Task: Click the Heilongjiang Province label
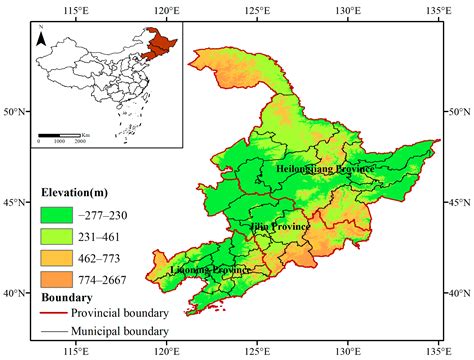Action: [x=325, y=169]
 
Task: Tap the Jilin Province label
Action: [x=280, y=227]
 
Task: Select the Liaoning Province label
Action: [x=210, y=270]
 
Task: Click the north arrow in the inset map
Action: [x=41, y=39]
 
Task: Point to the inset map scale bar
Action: [x=60, y=134]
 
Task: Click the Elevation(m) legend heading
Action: [x=81, y=192]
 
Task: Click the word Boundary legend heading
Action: [x=68, y=297]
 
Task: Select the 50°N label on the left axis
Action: [x=13, y=111]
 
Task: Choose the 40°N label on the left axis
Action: [x=13, y=293]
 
